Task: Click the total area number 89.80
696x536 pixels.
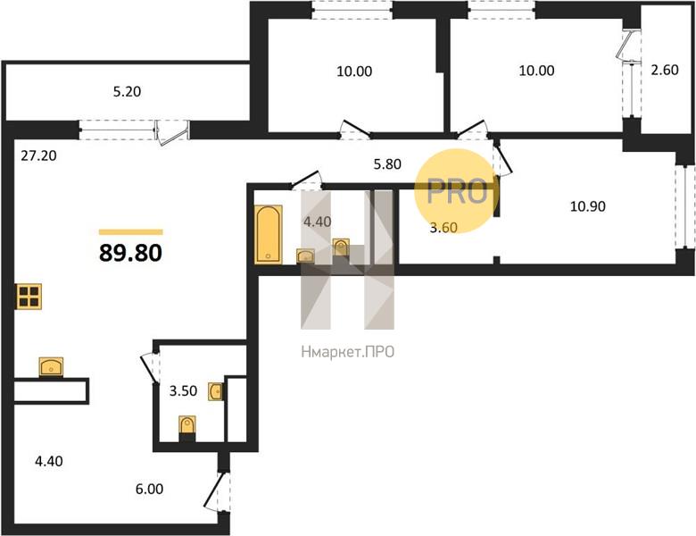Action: point(130,253)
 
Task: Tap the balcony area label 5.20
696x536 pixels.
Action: point(127,91)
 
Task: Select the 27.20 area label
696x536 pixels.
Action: point(39,155)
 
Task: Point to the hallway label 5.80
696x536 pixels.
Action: point(387,164)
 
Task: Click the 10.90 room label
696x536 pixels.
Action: point(588,206)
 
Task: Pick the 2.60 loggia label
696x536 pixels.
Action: point(665,70)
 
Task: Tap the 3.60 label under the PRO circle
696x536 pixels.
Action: point(443,227)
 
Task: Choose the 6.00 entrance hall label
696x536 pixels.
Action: point(149,489)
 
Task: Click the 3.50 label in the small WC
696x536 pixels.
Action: point(183,390)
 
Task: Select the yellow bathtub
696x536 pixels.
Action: point(269,234)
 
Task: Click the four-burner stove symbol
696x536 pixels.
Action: point(29,297)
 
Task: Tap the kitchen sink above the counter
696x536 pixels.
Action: point(51,366)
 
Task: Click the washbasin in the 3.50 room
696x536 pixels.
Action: point(216,391)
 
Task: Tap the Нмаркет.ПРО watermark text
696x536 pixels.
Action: point(348,352)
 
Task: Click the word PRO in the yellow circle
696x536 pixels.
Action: point(457,191)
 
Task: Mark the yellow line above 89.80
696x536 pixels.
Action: point(131,232)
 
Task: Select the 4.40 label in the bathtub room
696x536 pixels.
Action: point(317,222)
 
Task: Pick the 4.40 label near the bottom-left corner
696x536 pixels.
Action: point(49,461)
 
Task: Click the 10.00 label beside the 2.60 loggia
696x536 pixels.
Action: point(536,71)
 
